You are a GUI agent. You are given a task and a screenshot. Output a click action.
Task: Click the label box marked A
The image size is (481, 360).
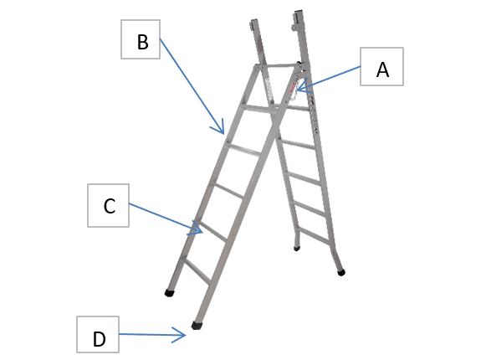(x=381, y=67)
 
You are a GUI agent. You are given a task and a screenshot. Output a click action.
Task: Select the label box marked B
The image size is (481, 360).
(x=141, y=39)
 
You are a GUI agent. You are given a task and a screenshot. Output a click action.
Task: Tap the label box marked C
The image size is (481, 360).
(x=108, y=205)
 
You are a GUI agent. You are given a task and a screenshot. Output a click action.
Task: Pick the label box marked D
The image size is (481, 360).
(x=98, y=335)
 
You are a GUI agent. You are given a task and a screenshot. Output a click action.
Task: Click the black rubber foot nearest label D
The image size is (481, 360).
(x=197, y=325)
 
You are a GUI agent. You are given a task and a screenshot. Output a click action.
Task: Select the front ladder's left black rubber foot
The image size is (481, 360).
(x=169, y=293)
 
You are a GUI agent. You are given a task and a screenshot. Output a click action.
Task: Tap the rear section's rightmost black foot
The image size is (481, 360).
(x=341, y=272)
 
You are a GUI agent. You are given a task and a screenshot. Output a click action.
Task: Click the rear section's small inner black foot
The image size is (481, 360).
(x=297, y=249)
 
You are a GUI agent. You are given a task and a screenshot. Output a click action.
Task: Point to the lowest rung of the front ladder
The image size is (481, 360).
(x=197, y=270)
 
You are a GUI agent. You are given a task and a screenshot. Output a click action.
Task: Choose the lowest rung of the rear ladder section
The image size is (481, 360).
(x=314, y=236)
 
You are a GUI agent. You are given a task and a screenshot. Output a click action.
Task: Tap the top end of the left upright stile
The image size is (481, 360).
(x=253, y=22)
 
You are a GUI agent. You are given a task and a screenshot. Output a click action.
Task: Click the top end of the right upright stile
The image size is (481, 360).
(x=299, y=13)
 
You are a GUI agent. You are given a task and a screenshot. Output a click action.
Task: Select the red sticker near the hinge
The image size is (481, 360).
(x=291, y=87)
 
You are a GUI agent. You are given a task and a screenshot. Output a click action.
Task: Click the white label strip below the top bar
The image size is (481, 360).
(x=270, y=90)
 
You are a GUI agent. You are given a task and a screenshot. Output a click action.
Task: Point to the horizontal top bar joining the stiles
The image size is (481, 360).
(x=277, y=65)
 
